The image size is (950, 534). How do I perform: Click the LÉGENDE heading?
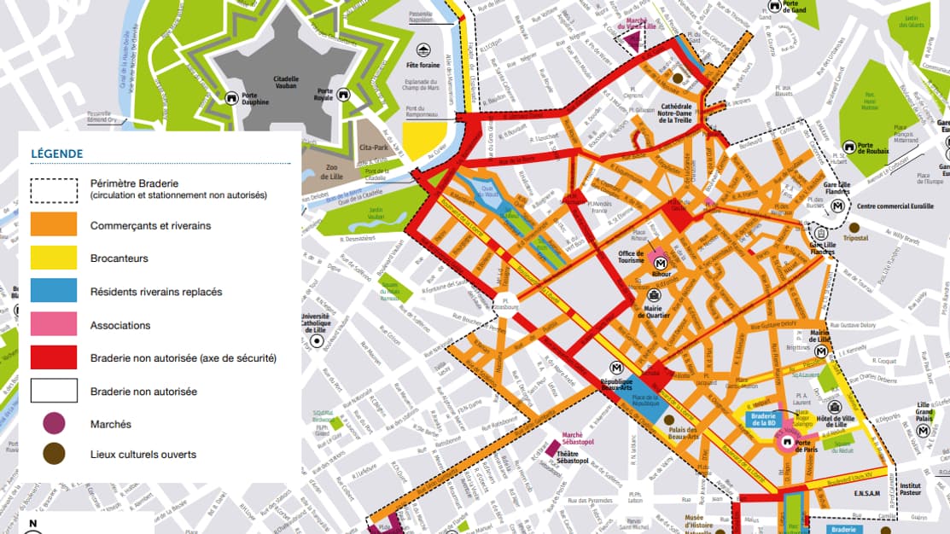click(57, 154)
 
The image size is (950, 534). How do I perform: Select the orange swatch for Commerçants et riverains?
click(54, 225)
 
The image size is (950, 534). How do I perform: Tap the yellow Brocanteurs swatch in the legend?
click(54, 258)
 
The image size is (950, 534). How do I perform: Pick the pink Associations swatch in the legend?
click(54, 325)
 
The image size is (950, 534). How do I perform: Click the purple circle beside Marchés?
click(54, 424)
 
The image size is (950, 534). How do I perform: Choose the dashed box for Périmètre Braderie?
click(54, 189)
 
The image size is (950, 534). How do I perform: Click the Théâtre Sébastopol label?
click(575, 457)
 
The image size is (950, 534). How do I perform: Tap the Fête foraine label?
click(423, 64)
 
